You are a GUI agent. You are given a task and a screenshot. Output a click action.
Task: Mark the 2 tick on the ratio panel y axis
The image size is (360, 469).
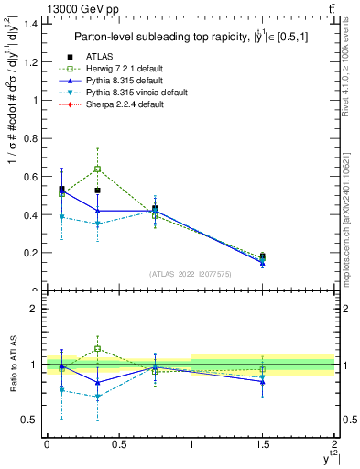36,309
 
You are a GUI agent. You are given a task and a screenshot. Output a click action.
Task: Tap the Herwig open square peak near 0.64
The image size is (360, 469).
97,169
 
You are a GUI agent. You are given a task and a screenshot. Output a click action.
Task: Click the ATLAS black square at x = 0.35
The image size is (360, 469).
97,191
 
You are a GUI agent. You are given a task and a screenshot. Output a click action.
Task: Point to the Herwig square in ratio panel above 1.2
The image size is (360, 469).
97,349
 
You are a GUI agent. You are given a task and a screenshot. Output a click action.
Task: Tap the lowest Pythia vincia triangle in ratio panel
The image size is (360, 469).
97,397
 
